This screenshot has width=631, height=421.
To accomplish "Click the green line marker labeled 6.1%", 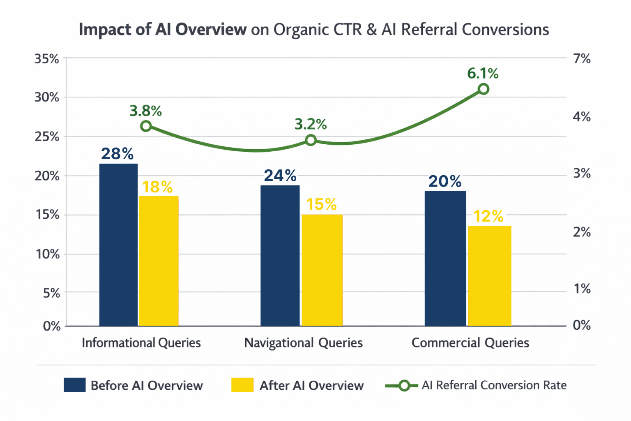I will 484,89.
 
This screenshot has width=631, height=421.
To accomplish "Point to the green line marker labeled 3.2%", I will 311,141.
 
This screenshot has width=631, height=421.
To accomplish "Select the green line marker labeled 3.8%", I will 146,126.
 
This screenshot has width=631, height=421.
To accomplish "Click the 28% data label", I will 117,154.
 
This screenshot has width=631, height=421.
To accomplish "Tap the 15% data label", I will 321,204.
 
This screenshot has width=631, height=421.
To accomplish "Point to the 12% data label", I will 488,216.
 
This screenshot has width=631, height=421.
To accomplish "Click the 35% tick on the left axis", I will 47,59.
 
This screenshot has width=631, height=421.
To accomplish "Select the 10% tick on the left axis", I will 48,254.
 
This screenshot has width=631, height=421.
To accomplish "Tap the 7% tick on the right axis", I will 582,59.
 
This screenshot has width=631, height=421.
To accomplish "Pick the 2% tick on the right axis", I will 582,232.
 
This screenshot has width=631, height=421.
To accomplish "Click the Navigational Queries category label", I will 303,343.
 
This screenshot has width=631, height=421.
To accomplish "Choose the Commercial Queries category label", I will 470,343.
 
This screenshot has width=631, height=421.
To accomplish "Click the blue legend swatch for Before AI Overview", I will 75,385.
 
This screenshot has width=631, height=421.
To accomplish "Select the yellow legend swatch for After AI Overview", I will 242,385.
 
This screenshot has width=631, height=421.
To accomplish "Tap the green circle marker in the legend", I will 404,386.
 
